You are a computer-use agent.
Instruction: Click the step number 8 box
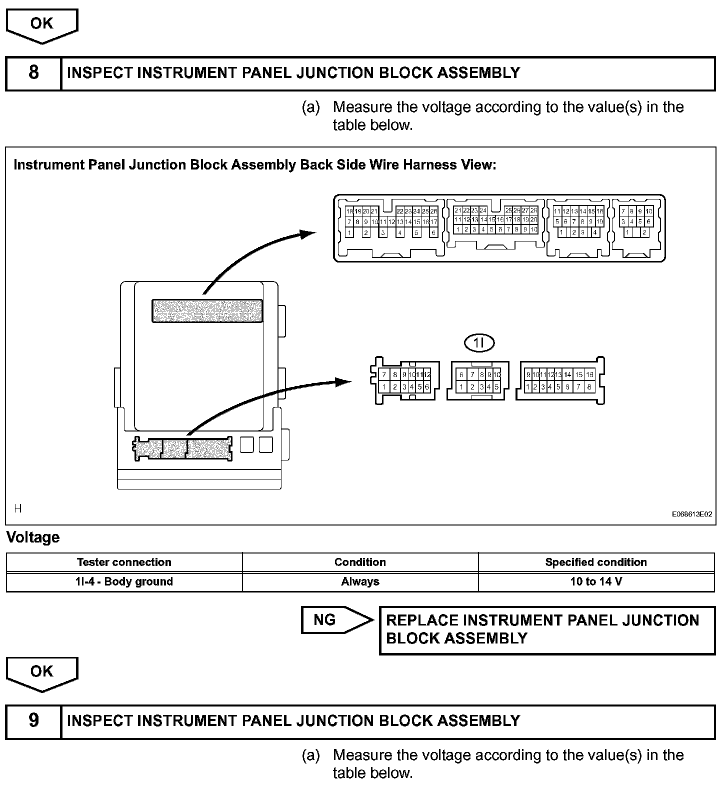click(x=33, y=73)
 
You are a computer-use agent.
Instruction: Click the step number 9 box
click(x=33, y=720)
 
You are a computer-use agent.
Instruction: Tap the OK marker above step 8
click(x=42, y=24)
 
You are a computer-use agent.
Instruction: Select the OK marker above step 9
click(x=42, y=671)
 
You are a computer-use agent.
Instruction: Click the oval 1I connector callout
click(x=479, y=342)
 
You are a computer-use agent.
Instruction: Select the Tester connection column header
click(x=124, y=562)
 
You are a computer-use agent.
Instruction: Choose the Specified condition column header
click(x=596, y=562)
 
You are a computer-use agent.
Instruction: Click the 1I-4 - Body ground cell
click(x=124, y=581)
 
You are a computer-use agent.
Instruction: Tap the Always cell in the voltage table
click(x=360, y=581)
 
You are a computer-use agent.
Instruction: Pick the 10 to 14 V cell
click(x=596, y=581)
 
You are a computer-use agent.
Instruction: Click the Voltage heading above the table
click(x=33, y=537)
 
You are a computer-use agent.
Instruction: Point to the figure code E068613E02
click(x=691, y=514)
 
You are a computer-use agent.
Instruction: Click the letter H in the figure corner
click(x=18, y=508)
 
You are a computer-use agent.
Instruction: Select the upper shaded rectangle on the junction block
click(x=207, y=310)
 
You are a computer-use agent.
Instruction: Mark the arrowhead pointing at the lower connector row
click(x=344, y=382)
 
